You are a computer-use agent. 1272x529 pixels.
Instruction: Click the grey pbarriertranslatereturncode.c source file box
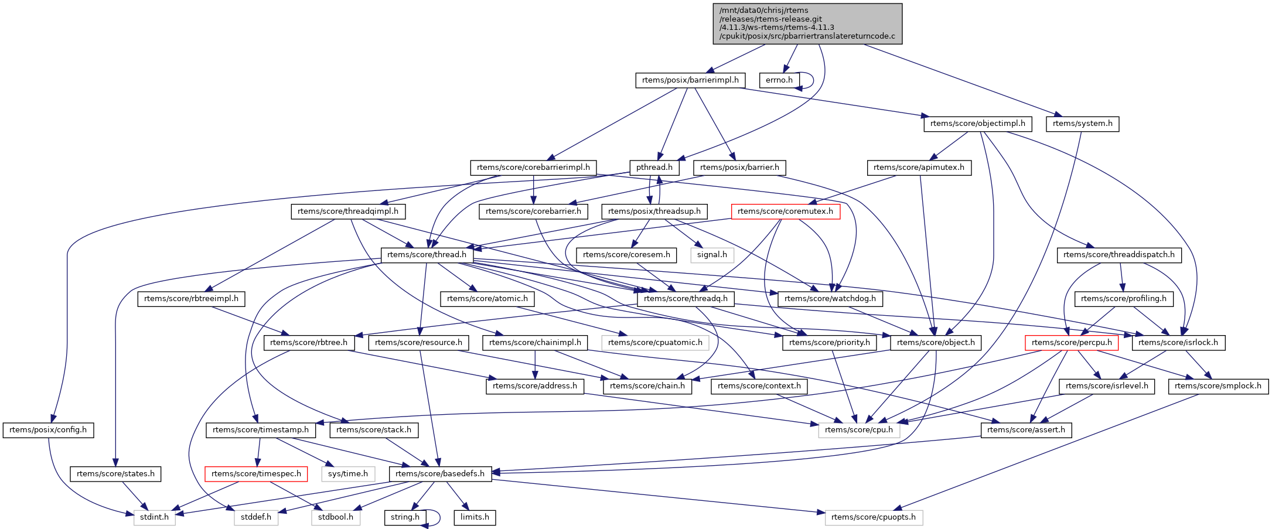807,23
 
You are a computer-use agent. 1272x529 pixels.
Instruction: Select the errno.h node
779,80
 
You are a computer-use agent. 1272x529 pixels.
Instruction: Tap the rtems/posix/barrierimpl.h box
690,80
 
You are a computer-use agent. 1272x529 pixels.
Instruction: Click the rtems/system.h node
1082,124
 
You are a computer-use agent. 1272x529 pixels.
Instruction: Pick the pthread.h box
654,168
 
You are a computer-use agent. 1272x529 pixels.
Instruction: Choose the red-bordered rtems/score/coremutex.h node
785,211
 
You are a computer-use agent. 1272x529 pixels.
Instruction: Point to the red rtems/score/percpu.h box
1072,343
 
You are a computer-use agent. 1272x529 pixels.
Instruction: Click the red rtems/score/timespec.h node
256,474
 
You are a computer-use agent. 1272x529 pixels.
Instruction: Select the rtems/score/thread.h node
427,255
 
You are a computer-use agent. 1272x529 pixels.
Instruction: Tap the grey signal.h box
712,255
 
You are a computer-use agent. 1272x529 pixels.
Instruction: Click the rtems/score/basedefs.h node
440,474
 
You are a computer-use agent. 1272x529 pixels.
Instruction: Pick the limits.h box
475,518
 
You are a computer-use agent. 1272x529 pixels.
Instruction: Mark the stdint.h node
154,518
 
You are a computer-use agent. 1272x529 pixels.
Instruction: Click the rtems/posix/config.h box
48,430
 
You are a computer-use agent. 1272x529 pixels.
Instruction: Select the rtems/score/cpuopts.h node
874,518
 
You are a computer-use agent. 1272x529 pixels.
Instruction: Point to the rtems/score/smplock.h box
1218,386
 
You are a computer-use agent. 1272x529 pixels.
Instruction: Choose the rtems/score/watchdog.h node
830,299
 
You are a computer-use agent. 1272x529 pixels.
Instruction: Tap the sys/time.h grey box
348,474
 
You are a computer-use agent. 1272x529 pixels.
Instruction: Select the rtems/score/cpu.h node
859,430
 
